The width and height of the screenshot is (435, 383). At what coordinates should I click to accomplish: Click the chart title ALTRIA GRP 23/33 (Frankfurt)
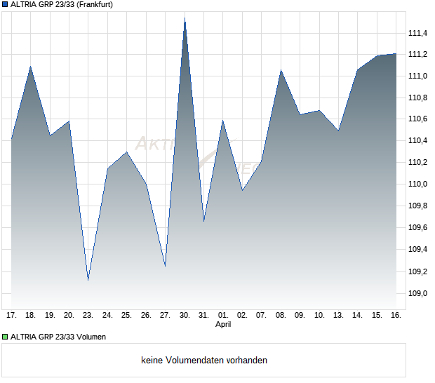(62, 4)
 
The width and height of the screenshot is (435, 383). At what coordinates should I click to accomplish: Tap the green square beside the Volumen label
(4, 337)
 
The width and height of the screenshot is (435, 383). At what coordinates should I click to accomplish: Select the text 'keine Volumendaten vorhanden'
(204, 361)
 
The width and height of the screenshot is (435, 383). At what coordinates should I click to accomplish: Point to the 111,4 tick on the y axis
(418, 32)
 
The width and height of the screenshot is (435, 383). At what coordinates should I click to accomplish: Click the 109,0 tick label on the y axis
(418, 293)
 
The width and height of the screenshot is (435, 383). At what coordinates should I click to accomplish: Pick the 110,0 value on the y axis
(418, 184)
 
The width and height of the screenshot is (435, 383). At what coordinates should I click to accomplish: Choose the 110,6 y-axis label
(418, 119)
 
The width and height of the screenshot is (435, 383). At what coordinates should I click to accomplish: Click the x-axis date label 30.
(185, 316)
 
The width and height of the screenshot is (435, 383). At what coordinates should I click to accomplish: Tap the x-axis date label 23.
(88, 316)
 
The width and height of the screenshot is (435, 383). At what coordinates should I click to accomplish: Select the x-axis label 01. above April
(223, 316)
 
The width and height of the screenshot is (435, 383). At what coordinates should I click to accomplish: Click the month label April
(223, 325)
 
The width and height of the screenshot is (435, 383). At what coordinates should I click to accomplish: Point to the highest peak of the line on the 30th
(185, 18)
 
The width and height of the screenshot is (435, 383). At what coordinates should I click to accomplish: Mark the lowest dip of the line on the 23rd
(88, 280)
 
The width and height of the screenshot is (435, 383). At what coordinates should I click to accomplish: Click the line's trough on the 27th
(165, 267)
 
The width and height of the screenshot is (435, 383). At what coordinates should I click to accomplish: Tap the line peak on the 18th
(30, 67)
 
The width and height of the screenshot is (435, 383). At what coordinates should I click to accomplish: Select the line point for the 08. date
(281, 70)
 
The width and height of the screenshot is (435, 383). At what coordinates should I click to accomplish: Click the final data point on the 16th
(396, 53)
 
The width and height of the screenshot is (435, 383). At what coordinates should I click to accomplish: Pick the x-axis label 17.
(11, 316)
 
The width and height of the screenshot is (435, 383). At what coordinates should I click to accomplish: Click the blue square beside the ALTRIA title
(4, 4)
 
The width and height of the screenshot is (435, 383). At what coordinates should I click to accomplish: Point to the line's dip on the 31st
(203, 222)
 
